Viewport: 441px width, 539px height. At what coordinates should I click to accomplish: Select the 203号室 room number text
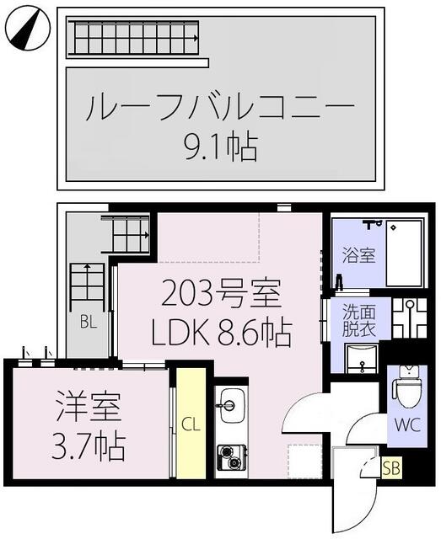click(222, 296)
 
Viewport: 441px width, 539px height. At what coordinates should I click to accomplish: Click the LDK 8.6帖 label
click(221, 334)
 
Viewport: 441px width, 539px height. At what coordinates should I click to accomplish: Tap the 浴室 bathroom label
click(358, 256)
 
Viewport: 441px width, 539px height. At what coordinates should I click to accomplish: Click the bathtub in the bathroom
click(406, 253)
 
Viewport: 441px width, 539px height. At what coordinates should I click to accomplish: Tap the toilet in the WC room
click(408, 387)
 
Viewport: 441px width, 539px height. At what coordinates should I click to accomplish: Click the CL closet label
click(191, 424)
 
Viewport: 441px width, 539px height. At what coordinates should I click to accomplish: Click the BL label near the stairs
click(87, 321)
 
